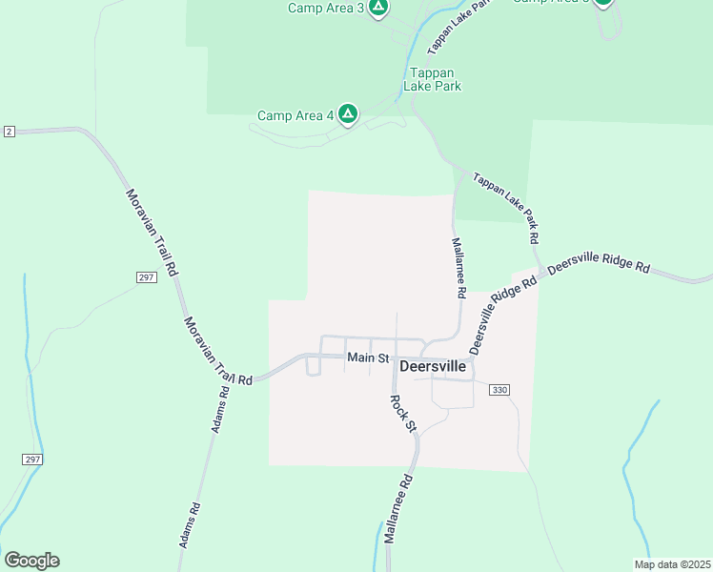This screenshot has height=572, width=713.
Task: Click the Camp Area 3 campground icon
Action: [378, 8]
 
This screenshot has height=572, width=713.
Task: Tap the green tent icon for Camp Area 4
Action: [348, 115]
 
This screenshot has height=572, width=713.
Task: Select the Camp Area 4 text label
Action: [295, 116]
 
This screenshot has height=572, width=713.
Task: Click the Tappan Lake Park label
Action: [435, 79]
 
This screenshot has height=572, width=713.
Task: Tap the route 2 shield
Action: [9, 130]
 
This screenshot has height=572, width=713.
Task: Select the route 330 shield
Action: [500, 389]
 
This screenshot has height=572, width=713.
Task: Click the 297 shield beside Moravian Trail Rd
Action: [146, 276]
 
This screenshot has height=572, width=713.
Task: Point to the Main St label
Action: [368, 357]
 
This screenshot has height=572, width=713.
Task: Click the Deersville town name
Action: [433, 365]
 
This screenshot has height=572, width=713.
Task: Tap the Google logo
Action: [31, 561]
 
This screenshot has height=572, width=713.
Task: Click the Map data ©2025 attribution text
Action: [671, 564]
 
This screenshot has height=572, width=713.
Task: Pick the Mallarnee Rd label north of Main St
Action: [458, 266]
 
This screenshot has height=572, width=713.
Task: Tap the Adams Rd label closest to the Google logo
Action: [190, 524]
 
